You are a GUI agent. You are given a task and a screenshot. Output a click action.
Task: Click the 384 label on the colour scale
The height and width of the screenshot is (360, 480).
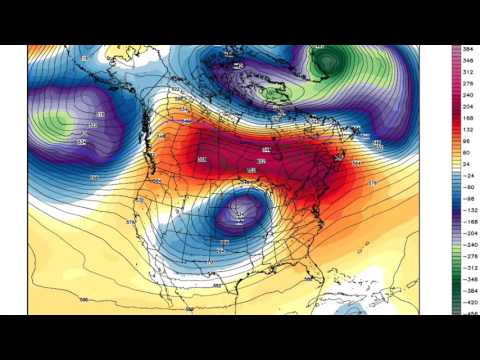468,47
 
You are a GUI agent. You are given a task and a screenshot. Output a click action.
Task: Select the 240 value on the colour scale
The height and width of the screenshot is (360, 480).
468,96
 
